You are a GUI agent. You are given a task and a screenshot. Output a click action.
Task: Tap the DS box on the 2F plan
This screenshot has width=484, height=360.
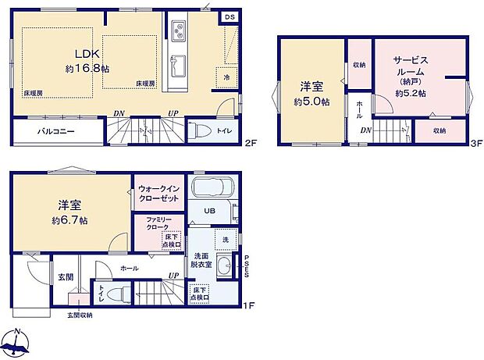click(x=230, y=16)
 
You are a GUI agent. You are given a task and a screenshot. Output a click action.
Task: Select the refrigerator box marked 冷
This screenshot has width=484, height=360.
click(x=226, y=77)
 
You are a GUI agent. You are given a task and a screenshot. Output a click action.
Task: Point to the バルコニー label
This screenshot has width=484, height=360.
click(x=56, y=132)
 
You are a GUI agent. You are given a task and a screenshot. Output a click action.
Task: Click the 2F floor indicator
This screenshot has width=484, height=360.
click(x=249, y=144)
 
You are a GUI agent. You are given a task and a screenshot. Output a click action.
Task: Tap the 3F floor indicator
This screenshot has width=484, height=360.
click(x=475, y=144)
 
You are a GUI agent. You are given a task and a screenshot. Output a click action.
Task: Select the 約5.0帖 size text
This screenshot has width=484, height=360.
click(x=311, y=102)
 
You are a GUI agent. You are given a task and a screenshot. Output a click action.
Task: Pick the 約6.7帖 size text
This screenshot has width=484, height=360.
click(x=71, y=221)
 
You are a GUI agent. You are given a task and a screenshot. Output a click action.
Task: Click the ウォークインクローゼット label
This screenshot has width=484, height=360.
click(x=158, y=193)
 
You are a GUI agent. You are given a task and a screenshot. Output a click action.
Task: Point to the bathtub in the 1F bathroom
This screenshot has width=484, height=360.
click(x=210, y=188)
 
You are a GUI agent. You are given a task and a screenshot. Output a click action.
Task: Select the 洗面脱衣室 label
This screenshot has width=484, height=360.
click(x=201, y=260)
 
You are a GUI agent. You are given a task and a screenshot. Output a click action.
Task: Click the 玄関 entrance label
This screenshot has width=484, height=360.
click(x=64, y=277)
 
